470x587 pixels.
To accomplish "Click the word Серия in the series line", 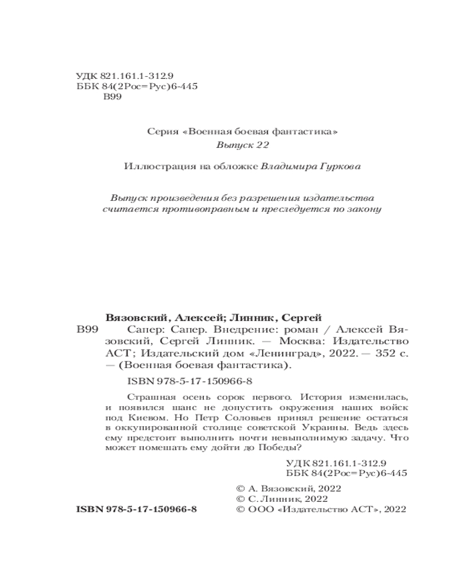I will (162, 131).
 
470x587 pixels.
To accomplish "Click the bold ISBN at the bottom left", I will (137, 510).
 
